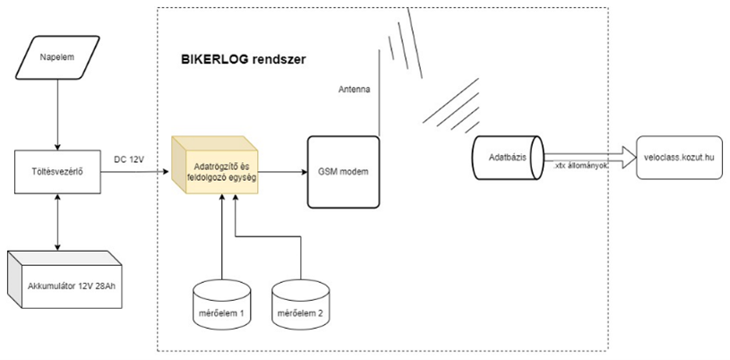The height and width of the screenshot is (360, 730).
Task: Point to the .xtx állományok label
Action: pos(580,167)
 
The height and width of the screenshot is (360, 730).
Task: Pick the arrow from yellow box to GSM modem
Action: pos(282,168)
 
